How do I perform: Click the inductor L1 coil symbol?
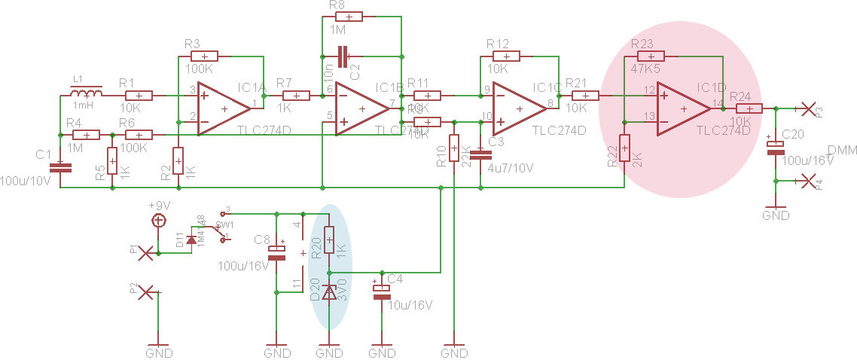(88, 94)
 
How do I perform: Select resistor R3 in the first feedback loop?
(205, 56)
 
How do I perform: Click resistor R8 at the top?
(349, 17)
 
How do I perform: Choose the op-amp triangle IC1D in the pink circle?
(682, 109)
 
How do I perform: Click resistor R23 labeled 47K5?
(651, 56)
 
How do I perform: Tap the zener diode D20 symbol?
(329, 292)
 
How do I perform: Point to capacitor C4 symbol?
(382, 291)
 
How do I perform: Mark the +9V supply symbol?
(158, 221)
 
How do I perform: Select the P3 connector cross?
(810, 109)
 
